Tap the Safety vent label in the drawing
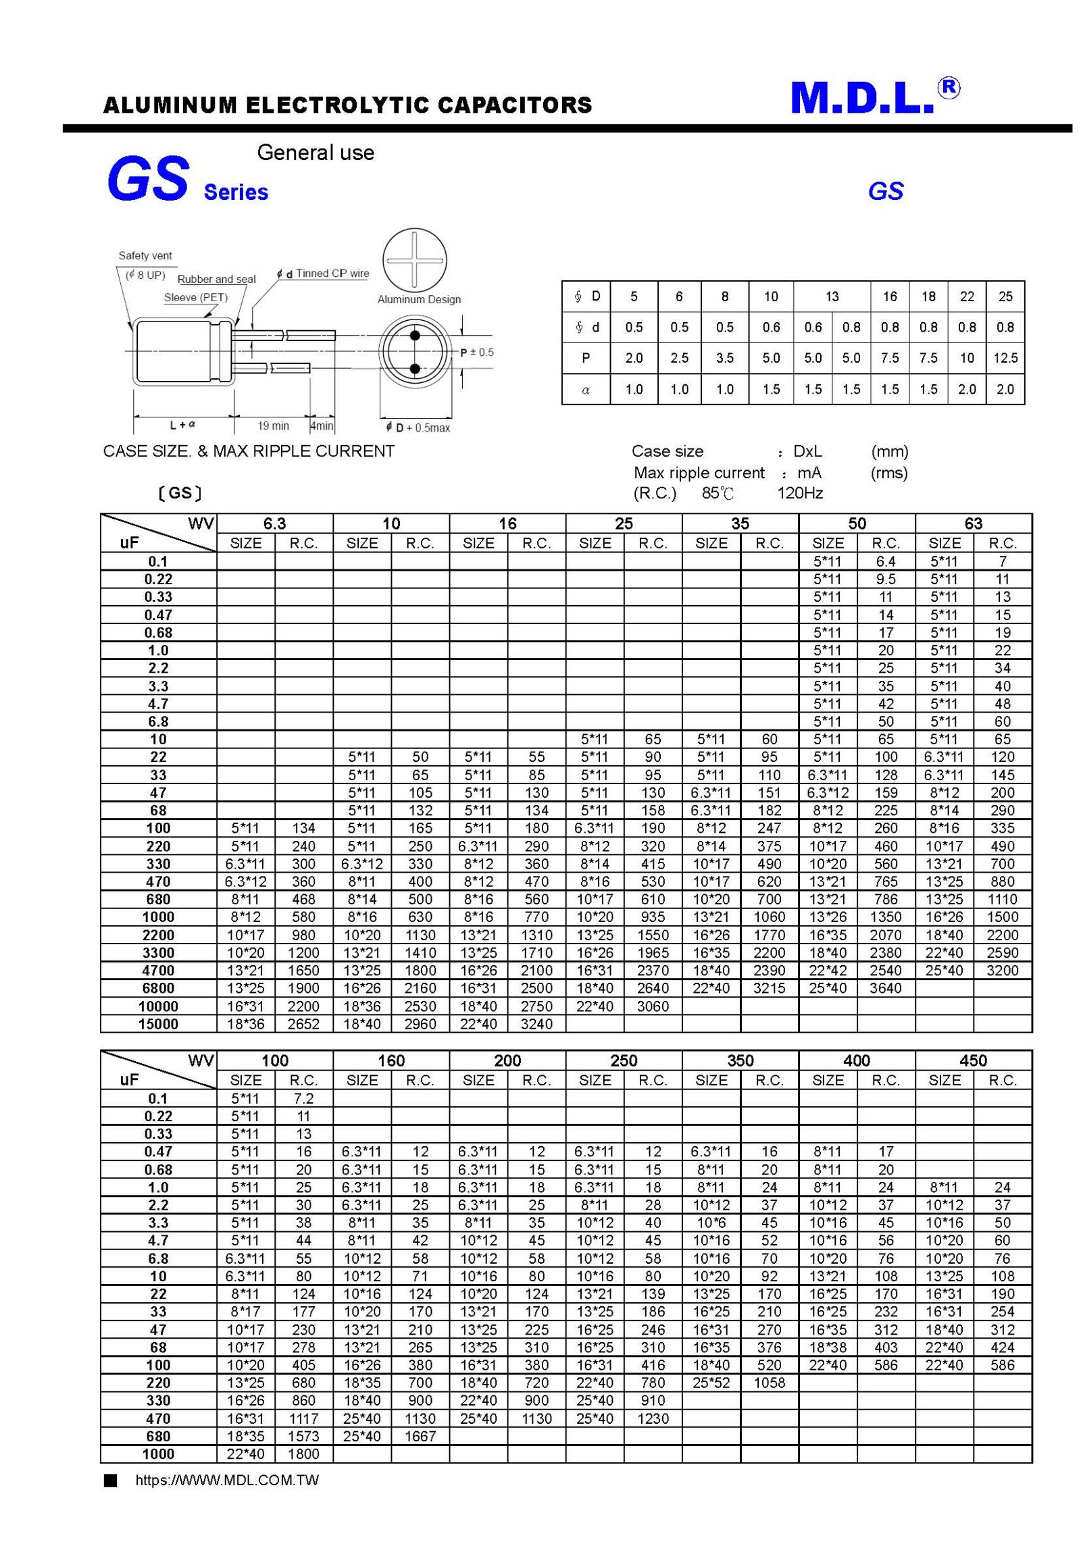[x=145, y=256]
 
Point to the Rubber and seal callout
[x=216, y=279]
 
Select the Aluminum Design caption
[x=419, y=299]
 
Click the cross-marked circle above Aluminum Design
[x=414, y=261]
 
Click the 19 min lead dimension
[x=273, y=426]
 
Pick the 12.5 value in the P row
[x=1005, y=358]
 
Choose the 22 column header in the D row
[x=967, y=297]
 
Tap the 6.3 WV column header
[x=274, y=523]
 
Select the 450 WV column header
[x=973, y=1060]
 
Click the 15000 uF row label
[x=158, y=1024]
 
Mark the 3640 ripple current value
[x=885, y=988]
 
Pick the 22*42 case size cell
[x=828, y=971]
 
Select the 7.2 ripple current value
[x=303, y=1098]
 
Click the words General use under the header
[x=316, y=153]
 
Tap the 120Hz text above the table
[x=800, y=493]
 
